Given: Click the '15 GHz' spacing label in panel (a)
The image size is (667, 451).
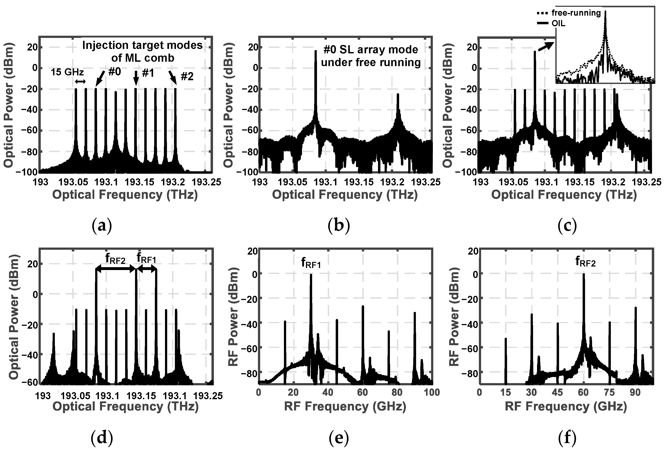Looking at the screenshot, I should [x=67, y=72].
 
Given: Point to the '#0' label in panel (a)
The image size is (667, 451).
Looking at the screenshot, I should [x=115, y=72].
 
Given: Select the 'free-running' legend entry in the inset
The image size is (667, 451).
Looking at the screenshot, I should [x=576, y=13].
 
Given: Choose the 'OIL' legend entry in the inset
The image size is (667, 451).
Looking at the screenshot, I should [x=558, y=24].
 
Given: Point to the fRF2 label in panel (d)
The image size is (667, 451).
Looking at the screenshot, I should [x=115, y=259].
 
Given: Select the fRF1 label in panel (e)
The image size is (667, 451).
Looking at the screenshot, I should [x=311, y=263].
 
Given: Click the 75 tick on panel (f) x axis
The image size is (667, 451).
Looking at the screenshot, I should [x=609, y=392].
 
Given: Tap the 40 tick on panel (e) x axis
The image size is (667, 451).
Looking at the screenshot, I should [x=328, y=392].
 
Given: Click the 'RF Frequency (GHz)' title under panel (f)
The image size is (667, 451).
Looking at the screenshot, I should [x=566, y=407].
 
